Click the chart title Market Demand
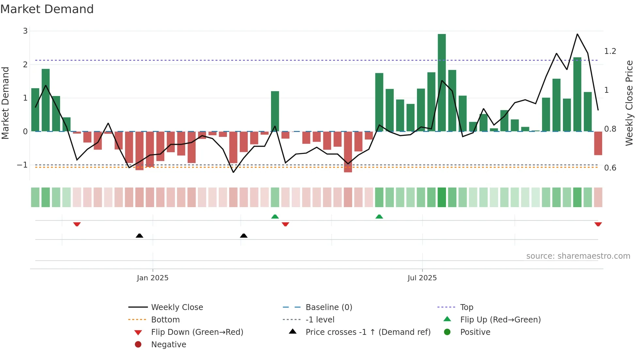point(47,9)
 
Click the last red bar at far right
point(598,143)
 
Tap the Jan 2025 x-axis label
point(152,278)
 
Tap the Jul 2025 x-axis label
point(422,278)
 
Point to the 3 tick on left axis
point(25,31)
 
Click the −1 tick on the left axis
point(23,165)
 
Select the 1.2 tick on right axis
point(610,51)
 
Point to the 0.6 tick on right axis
point(610,168)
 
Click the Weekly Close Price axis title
point(629,103)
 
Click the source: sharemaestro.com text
point(578,256)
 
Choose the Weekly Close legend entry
point(177,307)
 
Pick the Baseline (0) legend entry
point(328,307)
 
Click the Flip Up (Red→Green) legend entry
point(500,320)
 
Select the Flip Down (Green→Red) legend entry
point(197,332)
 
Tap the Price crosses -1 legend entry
point(368,332)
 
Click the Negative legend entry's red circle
point(138,345)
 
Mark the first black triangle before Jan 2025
point(139,236)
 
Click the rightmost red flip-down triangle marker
point(598,224)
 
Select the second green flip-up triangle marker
point(379,217)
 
